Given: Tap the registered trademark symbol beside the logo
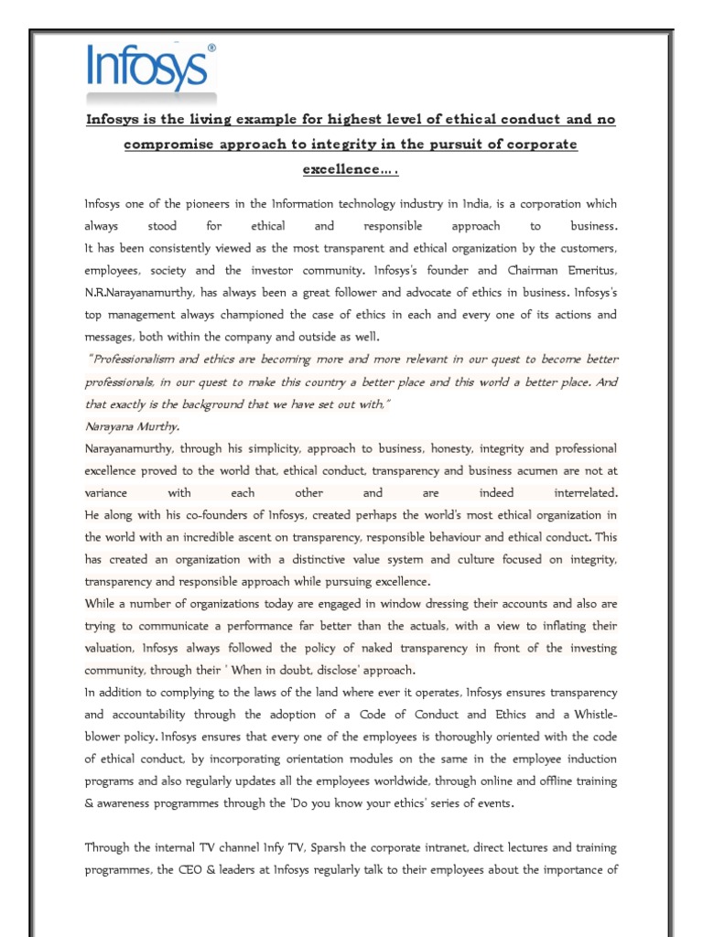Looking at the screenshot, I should (211, 47).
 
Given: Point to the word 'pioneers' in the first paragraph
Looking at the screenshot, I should (200, 203).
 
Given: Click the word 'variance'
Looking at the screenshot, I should (108, 493).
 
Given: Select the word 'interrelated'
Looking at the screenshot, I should (582, 493).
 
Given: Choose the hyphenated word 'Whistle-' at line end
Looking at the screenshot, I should (589, 715).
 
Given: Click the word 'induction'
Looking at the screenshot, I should (590, 759).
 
